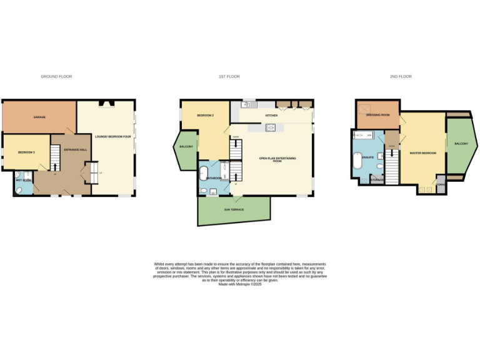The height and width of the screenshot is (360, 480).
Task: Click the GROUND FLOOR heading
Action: pyautogui.click(x=56, y=76)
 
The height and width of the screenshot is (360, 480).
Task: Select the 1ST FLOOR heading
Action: pyautogui.click(x=229, y=76)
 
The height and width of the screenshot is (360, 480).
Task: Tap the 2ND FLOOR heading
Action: pyautogui.click(x=401, y=76)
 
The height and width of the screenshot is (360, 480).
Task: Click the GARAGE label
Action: pyautogui.click(x=39, y=117)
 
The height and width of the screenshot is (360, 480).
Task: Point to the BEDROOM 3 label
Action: pyautogui.click(x=26, y=152)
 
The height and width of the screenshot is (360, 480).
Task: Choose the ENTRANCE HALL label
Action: pyautogui.click(x=74, y=149)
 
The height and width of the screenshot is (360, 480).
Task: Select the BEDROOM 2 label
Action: pyautogui.click(x=205, y=116)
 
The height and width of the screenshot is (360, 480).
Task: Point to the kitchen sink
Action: pyautogui.click(x=247, y=104)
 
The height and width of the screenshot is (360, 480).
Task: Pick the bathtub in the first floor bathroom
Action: pyautogui.click(x=204, y=174)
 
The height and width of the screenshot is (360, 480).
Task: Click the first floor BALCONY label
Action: pyautogui.click(x=186, y=146)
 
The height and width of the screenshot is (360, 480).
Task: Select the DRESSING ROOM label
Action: pyautogui.click(x=377, y=115)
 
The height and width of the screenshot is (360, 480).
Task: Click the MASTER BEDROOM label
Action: pyautogui.click(x=422, y=152)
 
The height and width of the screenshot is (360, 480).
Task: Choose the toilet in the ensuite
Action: pyautogui.click(x=364, y=180)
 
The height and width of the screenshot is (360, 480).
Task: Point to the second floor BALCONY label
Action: pyautogui.click(x=461, y=144)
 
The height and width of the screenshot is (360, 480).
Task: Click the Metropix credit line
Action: pyautogui.click(x=240, y=284)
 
